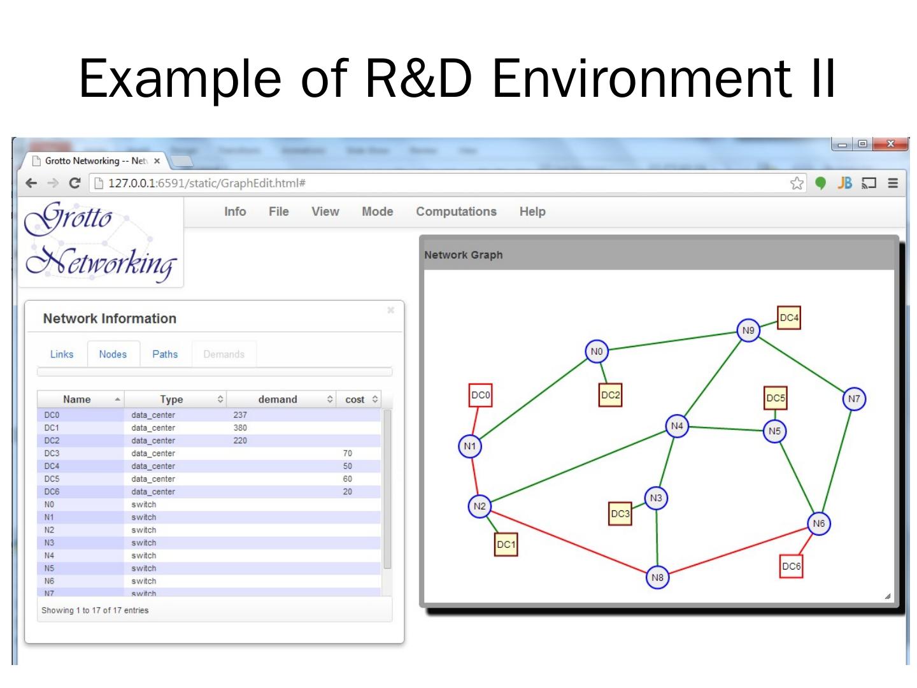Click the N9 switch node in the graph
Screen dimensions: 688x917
[748, 331]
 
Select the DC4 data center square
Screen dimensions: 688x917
[788, 318]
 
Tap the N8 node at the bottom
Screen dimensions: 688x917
[657, 578]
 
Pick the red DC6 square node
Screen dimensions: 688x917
[791, 566]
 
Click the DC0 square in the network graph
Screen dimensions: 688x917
[480, 396]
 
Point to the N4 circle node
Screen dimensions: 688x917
[677, 426]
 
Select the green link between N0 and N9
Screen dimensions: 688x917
[672, 341]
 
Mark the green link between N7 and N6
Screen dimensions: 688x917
[837, 460]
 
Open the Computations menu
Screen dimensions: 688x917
[456, 211]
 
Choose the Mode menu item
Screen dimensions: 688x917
[377, 211]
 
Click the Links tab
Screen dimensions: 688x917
[62, 354]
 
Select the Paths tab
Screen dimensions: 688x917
[165, 354]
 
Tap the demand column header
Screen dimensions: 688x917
[278, 399]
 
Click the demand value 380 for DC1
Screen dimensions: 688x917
[240, 427]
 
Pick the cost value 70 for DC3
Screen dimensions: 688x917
[347, 453]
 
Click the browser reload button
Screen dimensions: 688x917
[75, 183]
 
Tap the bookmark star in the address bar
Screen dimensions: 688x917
[797, 183]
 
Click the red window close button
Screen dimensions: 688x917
[890, 145]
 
